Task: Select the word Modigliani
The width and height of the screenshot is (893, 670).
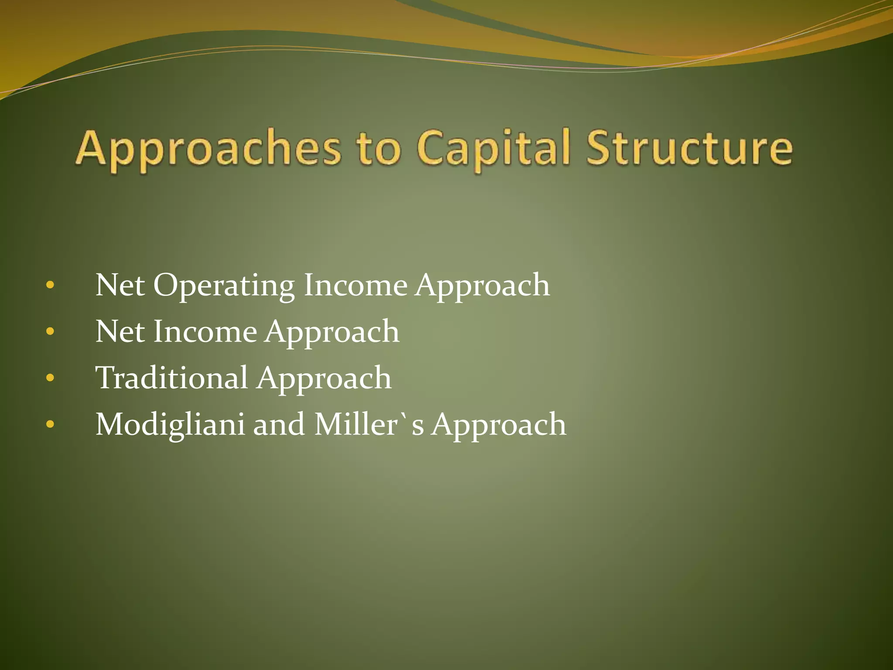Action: point(170,425)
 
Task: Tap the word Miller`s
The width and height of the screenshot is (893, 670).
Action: point(369,424)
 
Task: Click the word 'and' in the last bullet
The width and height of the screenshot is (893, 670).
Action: point(279,424)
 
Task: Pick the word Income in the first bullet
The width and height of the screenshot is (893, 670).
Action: point(355,285)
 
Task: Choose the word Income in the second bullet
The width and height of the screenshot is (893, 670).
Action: point(205,332)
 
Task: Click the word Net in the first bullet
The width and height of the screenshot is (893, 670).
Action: point(120,285)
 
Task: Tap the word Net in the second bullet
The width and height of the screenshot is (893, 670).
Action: point(120,332)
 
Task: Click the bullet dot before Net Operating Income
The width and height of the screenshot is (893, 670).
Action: point(50,286)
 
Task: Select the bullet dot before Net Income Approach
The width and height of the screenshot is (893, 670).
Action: point(50,332)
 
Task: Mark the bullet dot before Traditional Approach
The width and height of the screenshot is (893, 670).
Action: point(50,378)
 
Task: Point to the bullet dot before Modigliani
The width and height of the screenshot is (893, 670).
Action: point(50,424)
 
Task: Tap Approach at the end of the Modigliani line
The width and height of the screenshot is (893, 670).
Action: point(499,425)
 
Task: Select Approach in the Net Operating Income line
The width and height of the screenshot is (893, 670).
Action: point(482,286)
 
